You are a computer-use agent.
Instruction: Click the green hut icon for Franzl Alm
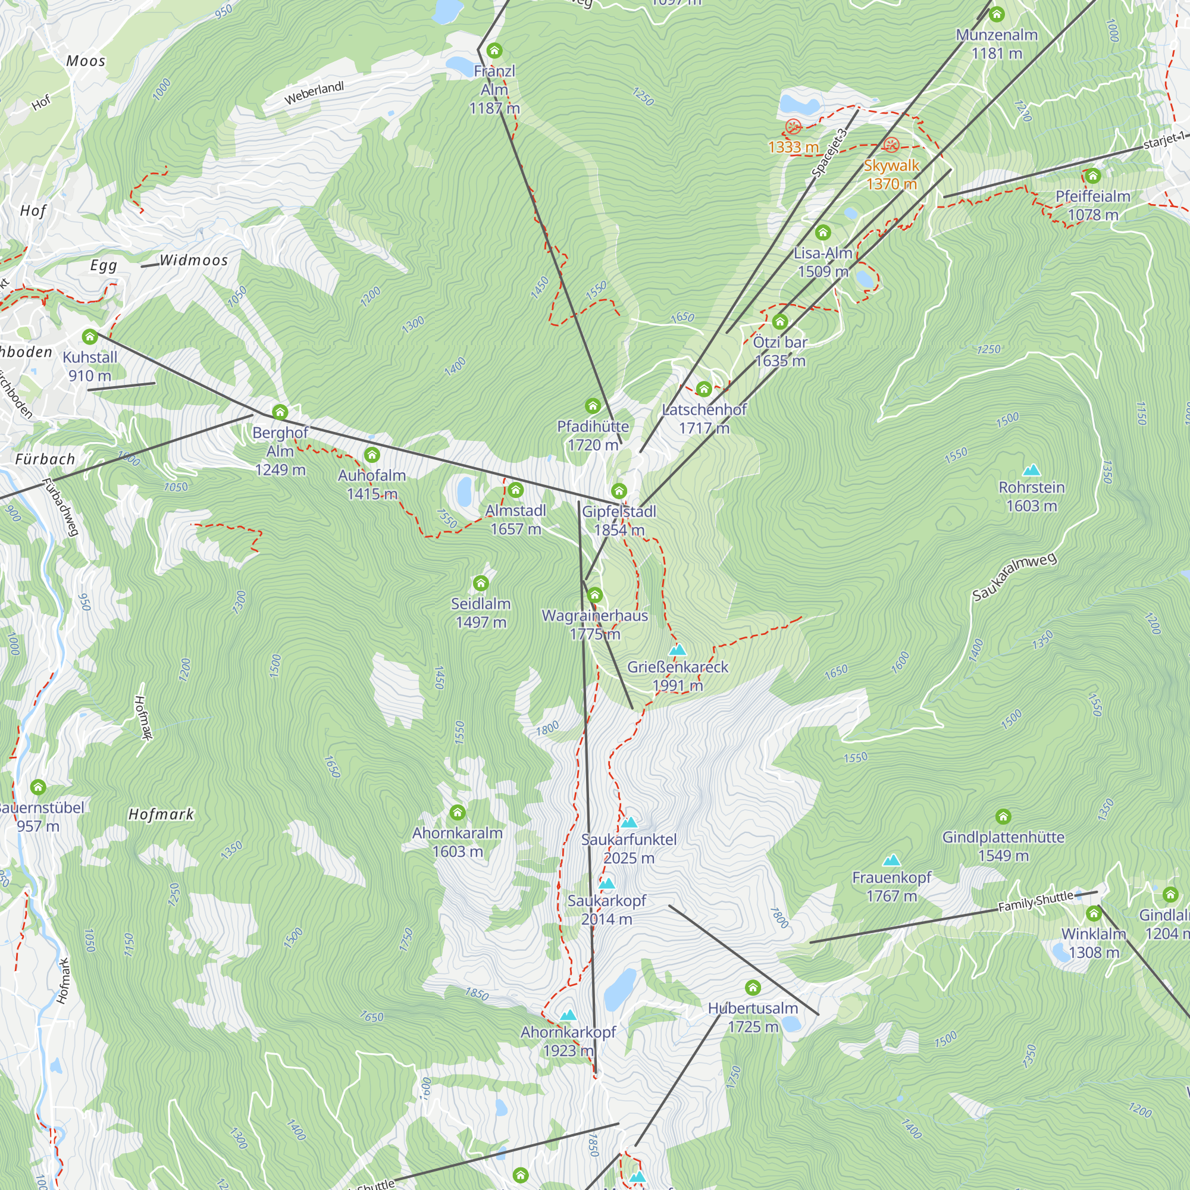[x=494, y=51]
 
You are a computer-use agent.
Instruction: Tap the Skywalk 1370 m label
[x=891, y=174]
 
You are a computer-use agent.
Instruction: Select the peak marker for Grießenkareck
[x=678, y=650]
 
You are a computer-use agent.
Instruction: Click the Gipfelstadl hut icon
[x=619, y=491]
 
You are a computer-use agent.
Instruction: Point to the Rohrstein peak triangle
[x=1032, y=471]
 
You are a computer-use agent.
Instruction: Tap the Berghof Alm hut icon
[x=280, y=412]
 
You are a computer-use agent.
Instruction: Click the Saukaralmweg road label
[x=1014, y=577]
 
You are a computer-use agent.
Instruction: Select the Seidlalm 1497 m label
[x=480, y=613]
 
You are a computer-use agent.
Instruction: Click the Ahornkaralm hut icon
[x=457, y=812]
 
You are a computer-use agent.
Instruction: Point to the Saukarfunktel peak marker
[x=629, y=822]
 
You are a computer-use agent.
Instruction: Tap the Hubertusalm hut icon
[x=753, y=988]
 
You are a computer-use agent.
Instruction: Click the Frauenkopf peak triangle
[x=891, y=860]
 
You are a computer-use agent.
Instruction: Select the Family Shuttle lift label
[x=1036, y=902]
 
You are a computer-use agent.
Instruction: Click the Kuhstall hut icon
[x=90, y=337]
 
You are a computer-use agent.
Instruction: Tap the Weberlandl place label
[x=314, y=93]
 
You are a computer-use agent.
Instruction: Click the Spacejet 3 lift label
[x=829, y=153]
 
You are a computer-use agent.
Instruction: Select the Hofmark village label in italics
[x=161, y=815]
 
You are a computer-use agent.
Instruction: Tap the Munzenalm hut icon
[x=997, y=14]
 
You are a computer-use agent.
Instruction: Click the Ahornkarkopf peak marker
[x=568, y=1015]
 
